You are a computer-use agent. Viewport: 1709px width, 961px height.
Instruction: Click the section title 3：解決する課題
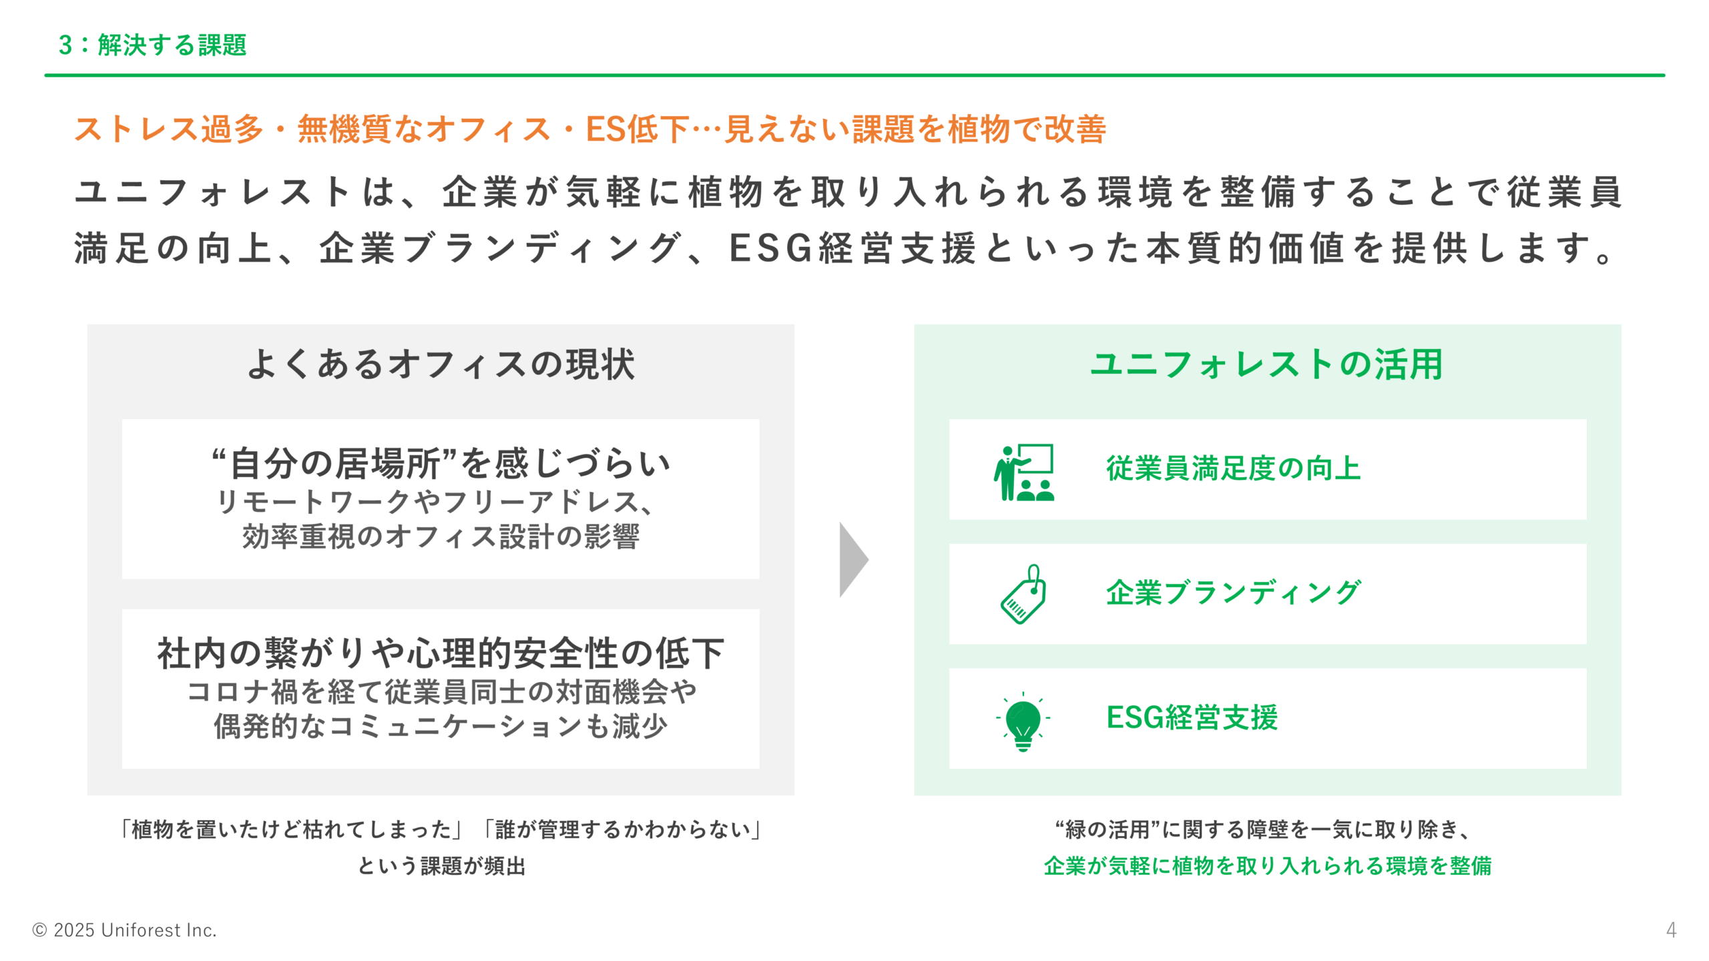click(152, 45)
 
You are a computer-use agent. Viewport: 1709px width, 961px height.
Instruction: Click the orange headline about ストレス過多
click(590, 129)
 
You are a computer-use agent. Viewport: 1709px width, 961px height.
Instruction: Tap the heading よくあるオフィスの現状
click(441, 364)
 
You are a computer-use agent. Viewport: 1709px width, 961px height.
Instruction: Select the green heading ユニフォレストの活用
click(1266, 364)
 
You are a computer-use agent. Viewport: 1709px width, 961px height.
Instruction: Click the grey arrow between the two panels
click(853, 559)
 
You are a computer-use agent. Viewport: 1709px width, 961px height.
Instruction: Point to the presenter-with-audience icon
click(1023, 472)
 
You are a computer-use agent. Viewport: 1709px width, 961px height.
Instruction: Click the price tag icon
click(1023, 594)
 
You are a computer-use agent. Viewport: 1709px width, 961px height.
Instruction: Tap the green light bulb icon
click(1023, 721)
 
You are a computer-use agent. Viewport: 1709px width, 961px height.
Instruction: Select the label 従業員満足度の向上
click(1233, 468)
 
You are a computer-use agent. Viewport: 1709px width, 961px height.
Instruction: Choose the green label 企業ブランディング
click(1233, 593)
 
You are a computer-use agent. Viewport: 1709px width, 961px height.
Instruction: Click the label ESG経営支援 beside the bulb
click(1192, 718)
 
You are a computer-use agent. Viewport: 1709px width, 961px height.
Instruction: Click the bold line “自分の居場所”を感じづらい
click(441, 464)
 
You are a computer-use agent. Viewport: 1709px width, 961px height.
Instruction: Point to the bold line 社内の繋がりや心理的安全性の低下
click(441, 653)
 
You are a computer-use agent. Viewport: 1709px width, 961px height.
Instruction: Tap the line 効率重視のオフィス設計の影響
click(441, 537)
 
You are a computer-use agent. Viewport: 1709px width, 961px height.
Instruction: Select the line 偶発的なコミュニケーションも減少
click(441, 726)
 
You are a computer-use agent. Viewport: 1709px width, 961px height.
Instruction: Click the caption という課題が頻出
click(441, 866)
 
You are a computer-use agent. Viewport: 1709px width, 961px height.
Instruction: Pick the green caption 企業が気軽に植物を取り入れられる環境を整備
click(1267, 866)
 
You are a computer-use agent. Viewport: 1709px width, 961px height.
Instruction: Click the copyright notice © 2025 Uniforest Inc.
click(125, 930)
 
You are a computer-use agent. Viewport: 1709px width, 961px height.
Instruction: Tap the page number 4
click(1671, 930)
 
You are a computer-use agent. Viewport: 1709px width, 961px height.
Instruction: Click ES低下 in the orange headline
click(637, 129)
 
